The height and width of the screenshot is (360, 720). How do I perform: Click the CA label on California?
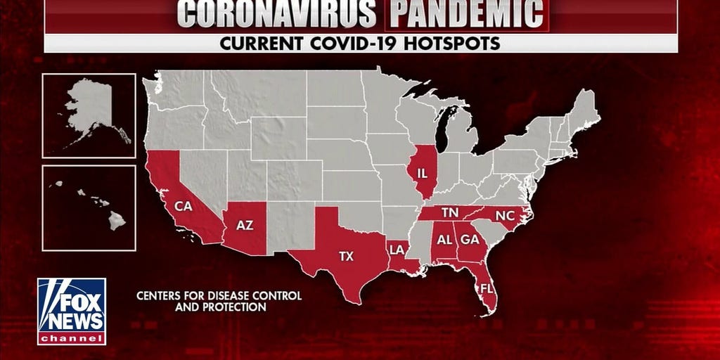(184, 207)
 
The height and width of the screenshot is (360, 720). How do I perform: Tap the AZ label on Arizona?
(245, 225)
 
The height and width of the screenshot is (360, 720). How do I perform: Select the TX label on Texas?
(346, 257)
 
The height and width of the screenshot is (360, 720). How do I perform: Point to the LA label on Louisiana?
(397, 249)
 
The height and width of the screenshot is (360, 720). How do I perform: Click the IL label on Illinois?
(423, 172)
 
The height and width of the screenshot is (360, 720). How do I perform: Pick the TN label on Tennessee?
(451, 212)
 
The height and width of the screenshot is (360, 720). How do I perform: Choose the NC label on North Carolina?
(505, 215)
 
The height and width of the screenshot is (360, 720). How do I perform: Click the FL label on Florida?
(486, 288)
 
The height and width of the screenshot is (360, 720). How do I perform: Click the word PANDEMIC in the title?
(467, 13)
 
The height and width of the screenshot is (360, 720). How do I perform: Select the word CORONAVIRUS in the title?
(277, 13)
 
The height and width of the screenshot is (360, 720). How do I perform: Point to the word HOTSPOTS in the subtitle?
(458, 43)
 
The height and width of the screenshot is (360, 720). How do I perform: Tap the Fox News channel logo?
(72, 311)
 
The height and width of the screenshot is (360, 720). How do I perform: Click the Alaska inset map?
(89, 115)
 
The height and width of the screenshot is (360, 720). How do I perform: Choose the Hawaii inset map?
(89, 207)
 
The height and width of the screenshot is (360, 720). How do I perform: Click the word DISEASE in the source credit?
(221, 296)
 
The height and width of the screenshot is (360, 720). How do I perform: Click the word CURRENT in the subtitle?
(261, 43)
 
